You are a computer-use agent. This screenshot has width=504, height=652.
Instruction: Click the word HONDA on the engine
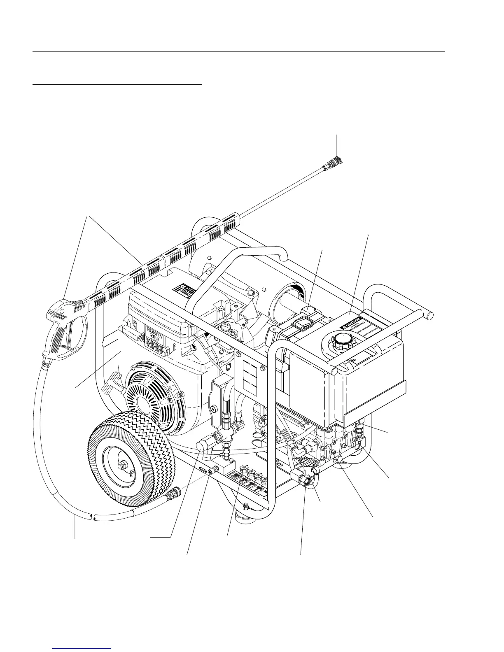click(x=154, y=330)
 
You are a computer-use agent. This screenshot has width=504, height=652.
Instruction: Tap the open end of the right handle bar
click(x=429, y=315)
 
